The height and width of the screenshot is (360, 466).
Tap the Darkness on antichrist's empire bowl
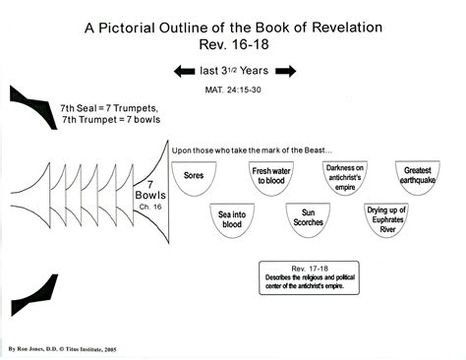click(x=345, y=180)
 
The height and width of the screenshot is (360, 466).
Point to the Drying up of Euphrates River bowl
click(x=384, y=222)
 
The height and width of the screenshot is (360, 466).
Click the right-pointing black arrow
click(x=286, y=72)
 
